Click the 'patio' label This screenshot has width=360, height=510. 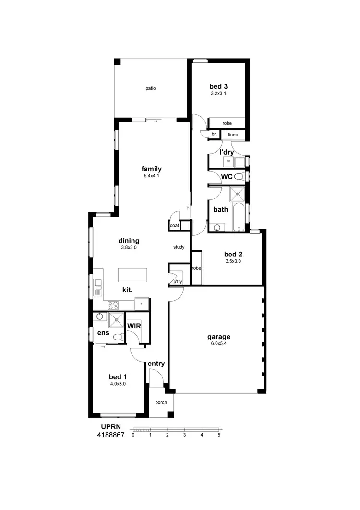(x=151, y=88)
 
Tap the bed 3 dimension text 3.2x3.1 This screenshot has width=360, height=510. (x=218, y=94)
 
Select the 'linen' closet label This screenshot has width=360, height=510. (x=233, y=135)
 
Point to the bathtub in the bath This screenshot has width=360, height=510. (x=239, y=217)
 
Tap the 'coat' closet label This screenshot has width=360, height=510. (x=174, y=225)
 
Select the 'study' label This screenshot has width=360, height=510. (x=179, y=247)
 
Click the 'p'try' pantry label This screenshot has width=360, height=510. (x=178, y=282)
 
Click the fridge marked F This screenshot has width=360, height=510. (x=142, y=304)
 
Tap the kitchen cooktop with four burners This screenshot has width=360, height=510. (x=114, y=305)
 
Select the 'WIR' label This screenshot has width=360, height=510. (x=133, y=326)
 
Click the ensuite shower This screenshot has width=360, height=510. (x=116, y=319)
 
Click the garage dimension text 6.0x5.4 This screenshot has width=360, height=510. (x=218, y=344)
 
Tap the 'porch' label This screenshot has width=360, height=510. (x=161, y=402)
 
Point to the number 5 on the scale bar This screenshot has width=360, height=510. (x=219, y=435)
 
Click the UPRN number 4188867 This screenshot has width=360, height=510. (x=111, y=435)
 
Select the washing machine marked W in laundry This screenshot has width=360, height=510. (x=228, y=162)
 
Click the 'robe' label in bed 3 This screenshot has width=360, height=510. (x=227, y=123)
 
